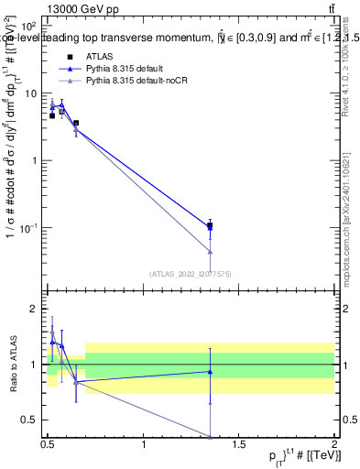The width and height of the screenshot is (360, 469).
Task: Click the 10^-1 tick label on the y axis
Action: coord(27,227)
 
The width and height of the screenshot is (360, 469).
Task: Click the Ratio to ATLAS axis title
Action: coord(13,364)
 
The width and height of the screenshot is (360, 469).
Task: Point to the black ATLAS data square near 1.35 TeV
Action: coord(211,225)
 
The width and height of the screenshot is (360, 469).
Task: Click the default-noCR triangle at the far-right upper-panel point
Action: coord(211,251)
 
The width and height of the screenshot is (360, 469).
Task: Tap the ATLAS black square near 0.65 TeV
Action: coord(76,123)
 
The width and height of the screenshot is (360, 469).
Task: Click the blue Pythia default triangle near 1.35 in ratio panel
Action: coord(211,372)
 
